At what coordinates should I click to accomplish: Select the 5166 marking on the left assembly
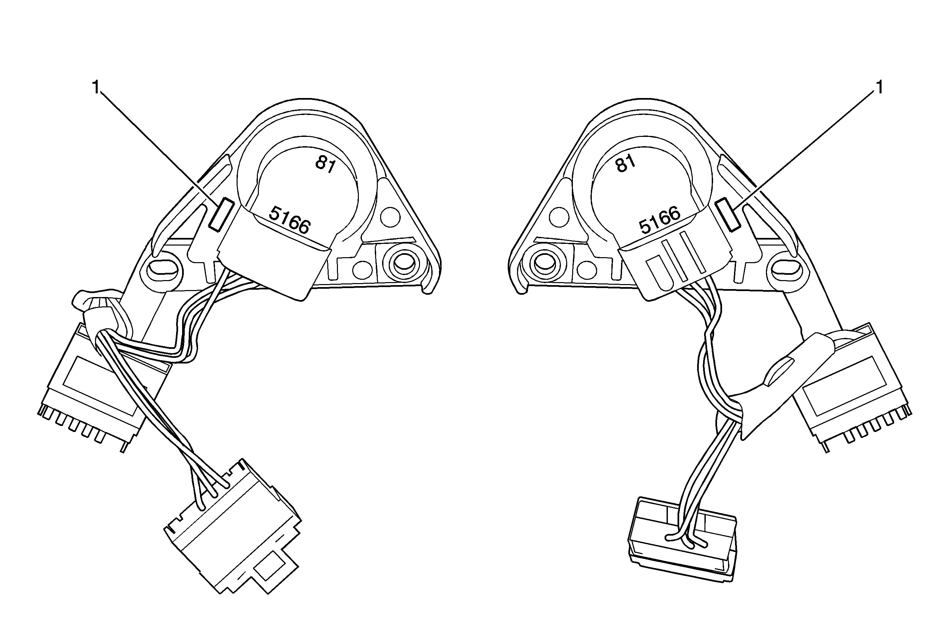pyautogui.click(x=289, y=220)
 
